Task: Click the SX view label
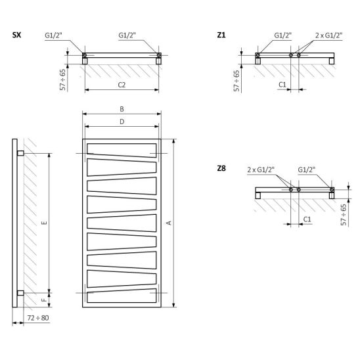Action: pyautogui.click(x=17, y=35)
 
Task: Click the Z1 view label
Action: pyautogui.click(x=221, y=35)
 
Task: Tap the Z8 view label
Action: pyautogui.click(x=221, y=168)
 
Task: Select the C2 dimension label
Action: pyautogui.click(x=122, y=85)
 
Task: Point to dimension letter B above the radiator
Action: pyautogui.click(x=122, y=109)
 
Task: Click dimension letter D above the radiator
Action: pyautogui.click(x=122, y=122)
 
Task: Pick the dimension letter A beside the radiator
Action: pyautogui.click(x=169, y=223)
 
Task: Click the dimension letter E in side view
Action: pyautogui.click(x=45, y=223)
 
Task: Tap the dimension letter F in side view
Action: pyautogui.click(x=45, y=300)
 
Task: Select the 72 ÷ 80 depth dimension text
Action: pyautogui.click(x=38, y=318)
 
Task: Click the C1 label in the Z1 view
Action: pyautogui.click(x=282, y=85)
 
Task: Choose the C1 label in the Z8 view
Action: pyautogui.click(x=307, y=219)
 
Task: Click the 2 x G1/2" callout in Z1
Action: pyautogui.click(x=328, y=35)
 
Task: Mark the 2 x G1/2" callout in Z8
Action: pyautogui.click(x=261, y=169)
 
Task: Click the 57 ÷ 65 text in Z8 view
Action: pyautogui.click(x=344, y=215)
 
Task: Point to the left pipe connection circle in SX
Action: pyautogui.click(x=85, y=55)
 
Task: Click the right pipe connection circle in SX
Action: pyautogui.click(x=158, y=55)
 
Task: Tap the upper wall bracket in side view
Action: pyautogui.click(x=20, y=153)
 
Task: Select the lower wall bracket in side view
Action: pyautogui.click(x=20, y=293)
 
